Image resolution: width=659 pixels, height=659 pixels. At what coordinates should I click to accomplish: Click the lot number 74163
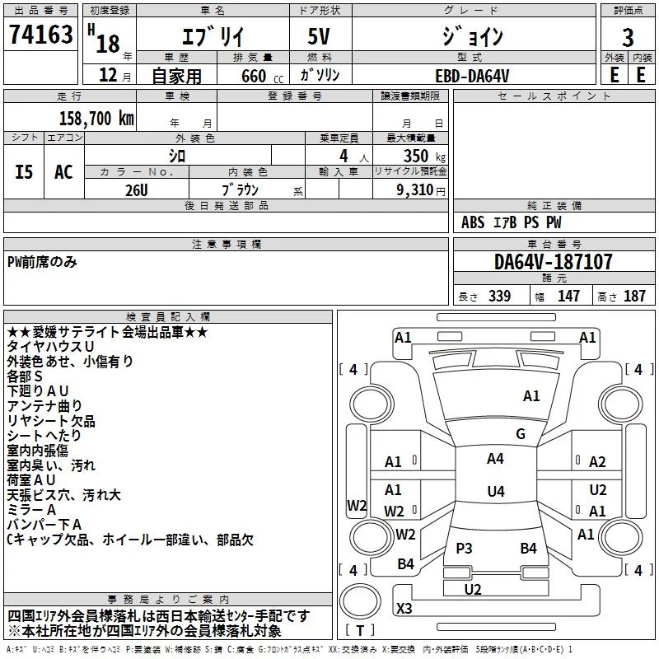click(x=40, y=35)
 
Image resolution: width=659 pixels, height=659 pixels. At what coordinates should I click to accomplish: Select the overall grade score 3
click(x=628, y=38)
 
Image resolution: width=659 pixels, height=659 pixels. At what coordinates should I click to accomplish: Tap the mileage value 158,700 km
click(x=96, y=118)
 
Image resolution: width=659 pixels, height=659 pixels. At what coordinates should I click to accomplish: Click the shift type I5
click(x=25, y=171)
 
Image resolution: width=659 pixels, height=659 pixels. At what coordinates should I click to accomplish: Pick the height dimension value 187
click(x=634, y=297)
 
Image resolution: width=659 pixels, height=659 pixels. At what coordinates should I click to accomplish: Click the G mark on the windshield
click(x=520, y=434)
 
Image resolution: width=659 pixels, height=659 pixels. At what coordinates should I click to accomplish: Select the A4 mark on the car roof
click(x=495, y=459)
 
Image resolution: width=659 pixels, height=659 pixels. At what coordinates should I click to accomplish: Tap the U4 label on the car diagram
click(x=495, y=492)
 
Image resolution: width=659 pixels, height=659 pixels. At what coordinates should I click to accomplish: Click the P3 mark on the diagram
click(x=464, y=548)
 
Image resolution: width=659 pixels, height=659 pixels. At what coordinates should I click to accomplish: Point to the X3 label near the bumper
click(x=404, y=608)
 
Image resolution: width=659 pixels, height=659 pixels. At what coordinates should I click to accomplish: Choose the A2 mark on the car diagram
click(x=597, y=462)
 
